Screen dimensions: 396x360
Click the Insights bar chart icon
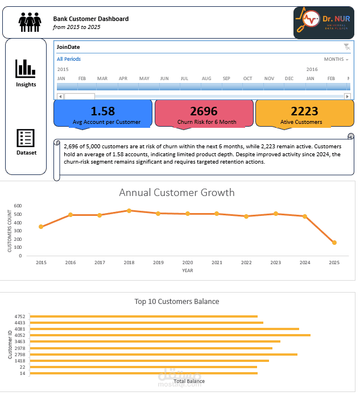(x=26, y=69)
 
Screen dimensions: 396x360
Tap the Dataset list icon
(x=26, y=137)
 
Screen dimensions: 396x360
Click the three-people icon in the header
(x=30, y=23)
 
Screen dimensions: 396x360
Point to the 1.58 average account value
(x=103, y=111)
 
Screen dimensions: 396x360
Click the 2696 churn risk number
(x=204, y=111)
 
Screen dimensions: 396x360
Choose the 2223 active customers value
(x=304, y=111)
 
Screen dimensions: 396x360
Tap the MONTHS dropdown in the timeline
(x=336, y=59)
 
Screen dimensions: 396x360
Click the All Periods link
(x=69, y=59)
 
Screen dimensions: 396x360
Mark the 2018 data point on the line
(x=129, y=211)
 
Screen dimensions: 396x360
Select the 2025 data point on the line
(x=334, y=243)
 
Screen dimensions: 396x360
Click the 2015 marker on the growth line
(x=41, y=227)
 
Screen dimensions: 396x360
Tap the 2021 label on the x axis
(x=217, y=262)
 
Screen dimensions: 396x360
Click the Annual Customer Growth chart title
(x=176, y=193)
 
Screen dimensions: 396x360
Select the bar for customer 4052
(x=169, y=335)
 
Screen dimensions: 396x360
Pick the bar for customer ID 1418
(x=149, y=360)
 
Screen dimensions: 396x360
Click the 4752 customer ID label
(x=20, y=316)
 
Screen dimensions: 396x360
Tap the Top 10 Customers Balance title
(x=176, y=302)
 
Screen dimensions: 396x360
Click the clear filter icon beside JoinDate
(x=346, y=47)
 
